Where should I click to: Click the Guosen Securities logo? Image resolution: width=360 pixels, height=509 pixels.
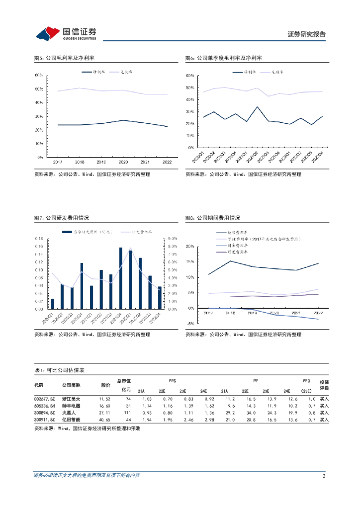[x=65, y=34]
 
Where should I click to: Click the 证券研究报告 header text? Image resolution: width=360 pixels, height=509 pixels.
[x=307, y=34]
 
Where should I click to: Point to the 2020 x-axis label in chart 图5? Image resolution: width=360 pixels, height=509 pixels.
[x=123, y=162]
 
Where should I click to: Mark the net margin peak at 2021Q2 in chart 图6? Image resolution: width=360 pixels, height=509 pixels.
[x=257, y=107]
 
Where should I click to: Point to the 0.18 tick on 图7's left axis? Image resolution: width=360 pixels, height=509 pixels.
[x=39, y=239]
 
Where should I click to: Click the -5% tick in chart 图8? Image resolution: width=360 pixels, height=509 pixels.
[x=190, y=324]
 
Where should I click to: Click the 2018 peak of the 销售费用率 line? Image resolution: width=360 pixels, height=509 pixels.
[x=230, y=261]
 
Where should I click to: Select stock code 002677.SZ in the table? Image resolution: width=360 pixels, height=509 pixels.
[x=44, y=399]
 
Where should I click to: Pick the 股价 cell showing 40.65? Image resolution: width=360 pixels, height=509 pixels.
[x=105, y=420]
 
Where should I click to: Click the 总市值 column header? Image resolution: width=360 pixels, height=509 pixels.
[x=125, y=380]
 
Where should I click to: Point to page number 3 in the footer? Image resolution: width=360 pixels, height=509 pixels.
[x=324, y=476]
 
